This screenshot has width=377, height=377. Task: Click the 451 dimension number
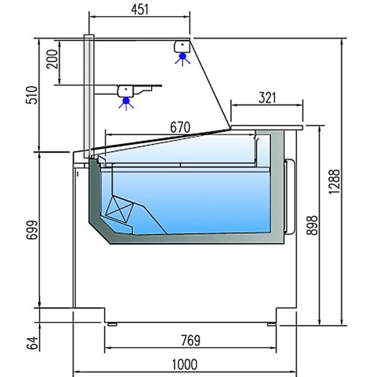coord(139,10)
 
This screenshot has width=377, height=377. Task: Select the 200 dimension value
coord(52,59)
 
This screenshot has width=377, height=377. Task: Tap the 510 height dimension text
coord(32,95)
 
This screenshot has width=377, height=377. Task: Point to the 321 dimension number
coord(267,98)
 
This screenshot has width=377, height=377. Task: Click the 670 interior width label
coord(180,128)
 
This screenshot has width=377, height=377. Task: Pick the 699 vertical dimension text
coord(32,230)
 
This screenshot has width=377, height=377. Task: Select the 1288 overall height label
coord(334,182)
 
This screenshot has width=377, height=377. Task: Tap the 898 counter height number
coord(312,225)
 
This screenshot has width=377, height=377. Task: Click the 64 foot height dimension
coord(32,343)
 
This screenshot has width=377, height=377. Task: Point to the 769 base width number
coord(191,340)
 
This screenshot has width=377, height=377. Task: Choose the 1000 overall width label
coord(185,364)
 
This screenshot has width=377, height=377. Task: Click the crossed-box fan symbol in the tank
coord(120,209)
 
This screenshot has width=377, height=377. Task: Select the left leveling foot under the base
coord(112,324)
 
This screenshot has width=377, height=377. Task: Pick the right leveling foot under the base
coord(271,324)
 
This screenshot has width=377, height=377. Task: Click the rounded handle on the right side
coord(290,196)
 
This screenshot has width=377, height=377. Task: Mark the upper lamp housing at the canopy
coord(182,46)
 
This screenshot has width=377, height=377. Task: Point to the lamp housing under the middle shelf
coord(125,92)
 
